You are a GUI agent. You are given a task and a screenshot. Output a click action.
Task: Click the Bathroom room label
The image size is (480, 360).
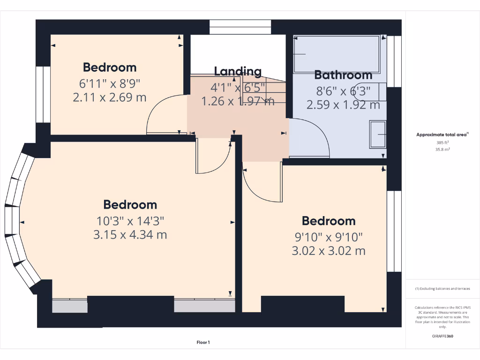click(x=343, y=75)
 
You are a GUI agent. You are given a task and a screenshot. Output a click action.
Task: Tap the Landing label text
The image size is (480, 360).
click(x=238, y=71)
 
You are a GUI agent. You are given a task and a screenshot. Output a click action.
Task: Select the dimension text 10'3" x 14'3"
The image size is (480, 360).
click(x=130, y=220)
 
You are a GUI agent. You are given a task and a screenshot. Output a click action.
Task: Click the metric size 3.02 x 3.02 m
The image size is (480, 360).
click(x=328, y=251)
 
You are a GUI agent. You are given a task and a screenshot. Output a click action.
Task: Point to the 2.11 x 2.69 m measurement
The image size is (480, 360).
click(x=110, y=97)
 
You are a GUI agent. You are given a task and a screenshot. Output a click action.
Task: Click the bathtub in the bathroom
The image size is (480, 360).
click(x=337, y=54)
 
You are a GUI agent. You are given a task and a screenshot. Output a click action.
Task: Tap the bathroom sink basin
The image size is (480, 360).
click(x=378, y=135)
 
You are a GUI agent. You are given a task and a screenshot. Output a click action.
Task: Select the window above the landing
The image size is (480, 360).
click(x=240, y=27)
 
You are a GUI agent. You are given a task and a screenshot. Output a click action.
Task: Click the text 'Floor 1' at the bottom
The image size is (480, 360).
click(x=202, y=343)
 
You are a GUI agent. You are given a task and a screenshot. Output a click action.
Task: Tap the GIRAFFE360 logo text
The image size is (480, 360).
click(x=442, y=336)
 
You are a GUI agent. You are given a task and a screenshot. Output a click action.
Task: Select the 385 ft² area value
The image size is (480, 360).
click(x=442, y=142)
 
